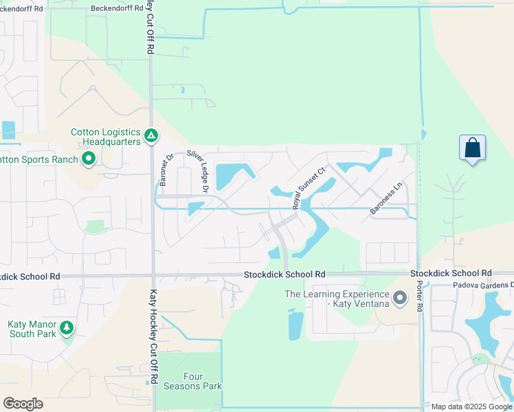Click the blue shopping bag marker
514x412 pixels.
point(472,148)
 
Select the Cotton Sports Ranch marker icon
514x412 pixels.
point(88,160)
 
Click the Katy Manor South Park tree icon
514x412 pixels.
point(67,328)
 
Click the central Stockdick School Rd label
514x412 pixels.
point(284,274)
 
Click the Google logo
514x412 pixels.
point(23,403)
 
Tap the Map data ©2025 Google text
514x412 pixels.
point(471,407)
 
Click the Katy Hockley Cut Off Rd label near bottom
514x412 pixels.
point(153,336)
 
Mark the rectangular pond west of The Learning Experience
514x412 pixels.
point(295,324)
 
